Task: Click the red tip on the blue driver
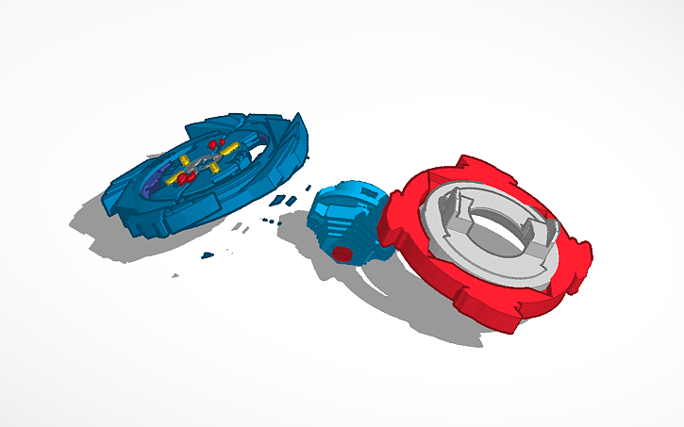click(343, 253)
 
